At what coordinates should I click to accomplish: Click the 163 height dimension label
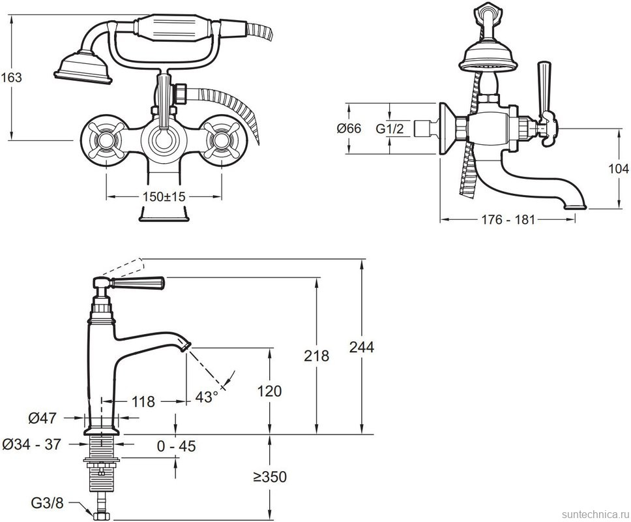pyautogui.click(x=11, y=77)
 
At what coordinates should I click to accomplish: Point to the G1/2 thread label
pyautogui.click(x=390, y=129)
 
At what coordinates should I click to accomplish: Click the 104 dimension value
pyautogui.click(x=618, y=168)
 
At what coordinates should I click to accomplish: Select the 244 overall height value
pyautogui.click(x=362, y=347)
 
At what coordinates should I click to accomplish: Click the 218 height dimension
pyautogui.click(x=317, y=356)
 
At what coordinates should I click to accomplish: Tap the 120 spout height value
pyautogui.click(x=269, y=391)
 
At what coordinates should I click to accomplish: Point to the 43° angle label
pyautogui.click(x=207, y=396)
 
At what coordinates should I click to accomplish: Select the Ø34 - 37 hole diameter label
pyautogui.click(x=32, y=444)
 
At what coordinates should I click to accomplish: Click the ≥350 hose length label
pyautogui.click(x=269, y=478)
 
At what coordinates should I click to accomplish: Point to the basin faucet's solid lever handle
pyautogui.click(x=139, y=283)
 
